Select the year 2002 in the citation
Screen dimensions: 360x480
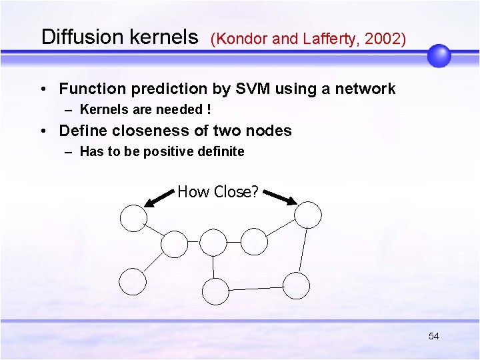[384, 39]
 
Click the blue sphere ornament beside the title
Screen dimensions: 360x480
[439, 56]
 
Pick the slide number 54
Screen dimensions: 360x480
[433, 336]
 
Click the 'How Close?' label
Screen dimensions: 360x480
[217, 192]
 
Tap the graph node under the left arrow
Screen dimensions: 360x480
[133, 218]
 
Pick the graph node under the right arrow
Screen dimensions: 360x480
[308, 215]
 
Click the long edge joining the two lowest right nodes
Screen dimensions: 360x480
[257, 289]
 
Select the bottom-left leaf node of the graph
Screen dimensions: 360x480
[133, 281]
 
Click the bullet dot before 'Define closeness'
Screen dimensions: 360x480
[43, 131]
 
